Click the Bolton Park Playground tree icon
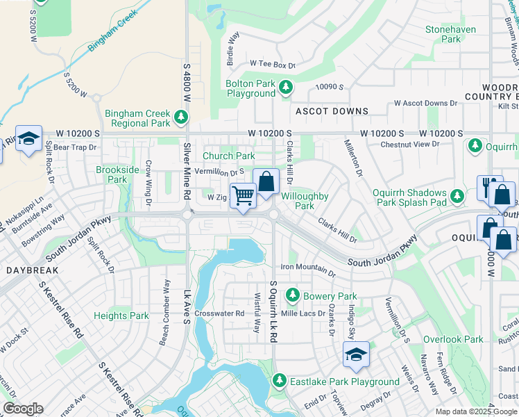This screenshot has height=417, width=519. (x=285, y=88)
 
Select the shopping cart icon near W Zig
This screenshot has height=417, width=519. (x=243, y=195)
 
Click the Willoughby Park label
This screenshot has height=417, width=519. (x=305, y=201)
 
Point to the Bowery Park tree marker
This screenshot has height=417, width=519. (x=293, y=296)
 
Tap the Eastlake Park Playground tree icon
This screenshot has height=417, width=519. (x=279, y=381)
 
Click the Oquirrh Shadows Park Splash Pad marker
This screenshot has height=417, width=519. (x=457, y=197)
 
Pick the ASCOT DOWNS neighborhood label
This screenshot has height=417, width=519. (x=332, y=111)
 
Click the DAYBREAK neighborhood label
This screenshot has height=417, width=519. (x=28, y=268)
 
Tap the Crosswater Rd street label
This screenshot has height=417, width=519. (x=219, y=313)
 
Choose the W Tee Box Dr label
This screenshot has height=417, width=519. (x=272, y=65)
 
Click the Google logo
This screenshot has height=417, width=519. (x=23, y=409)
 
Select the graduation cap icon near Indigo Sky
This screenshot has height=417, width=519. (x=355, y=354)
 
